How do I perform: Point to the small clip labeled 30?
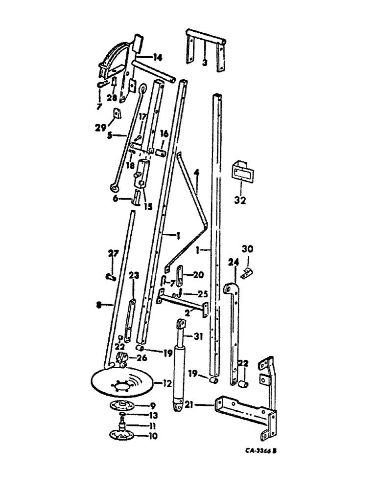[x=247, y=277]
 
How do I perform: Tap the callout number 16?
[x=164, y=133]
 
